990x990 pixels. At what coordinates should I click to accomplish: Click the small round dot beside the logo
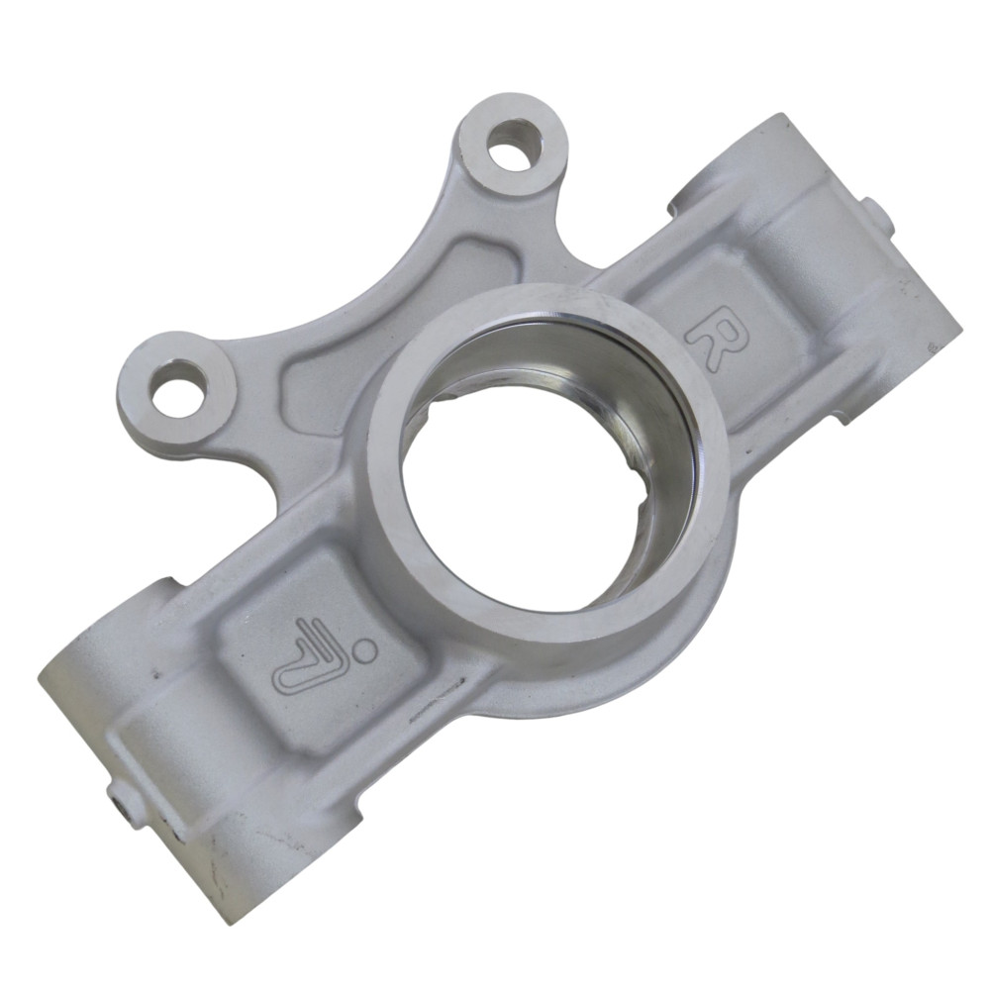[363, 648]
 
